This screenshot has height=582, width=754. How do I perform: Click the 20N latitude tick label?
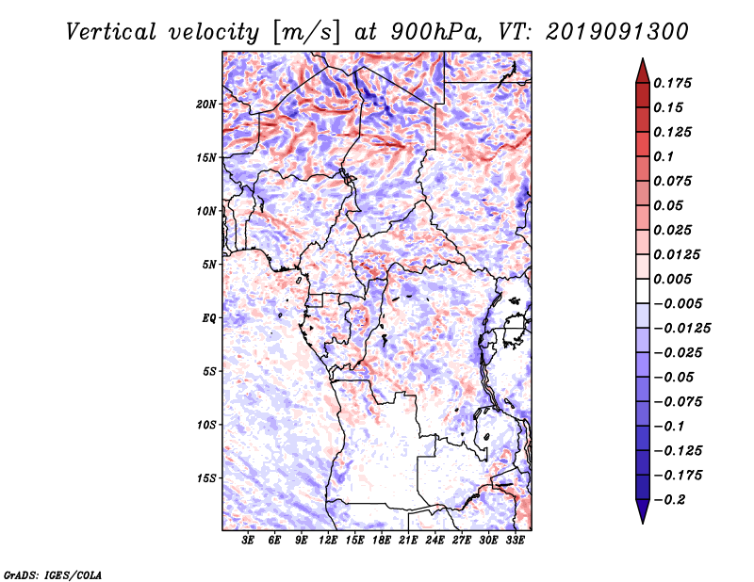206,104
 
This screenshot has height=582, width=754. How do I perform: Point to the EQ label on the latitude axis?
208,318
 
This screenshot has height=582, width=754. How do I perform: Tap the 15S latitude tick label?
206,478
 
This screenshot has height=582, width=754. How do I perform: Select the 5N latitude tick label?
209,265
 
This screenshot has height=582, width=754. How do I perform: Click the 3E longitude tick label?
249,541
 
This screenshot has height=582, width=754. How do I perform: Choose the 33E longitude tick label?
515,541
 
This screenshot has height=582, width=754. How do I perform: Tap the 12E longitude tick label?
328,541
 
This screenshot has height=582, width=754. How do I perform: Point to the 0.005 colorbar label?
675,279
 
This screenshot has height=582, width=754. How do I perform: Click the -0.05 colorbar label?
676,377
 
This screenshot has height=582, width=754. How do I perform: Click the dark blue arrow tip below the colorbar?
641,515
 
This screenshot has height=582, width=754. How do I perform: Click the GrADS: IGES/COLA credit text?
53,573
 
